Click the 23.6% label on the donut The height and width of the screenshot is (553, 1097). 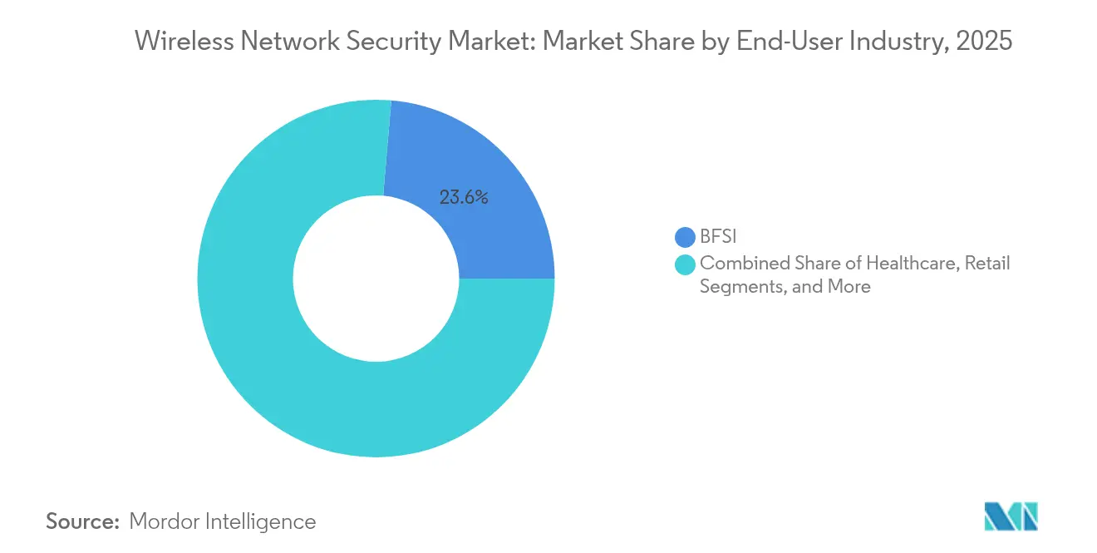pos(464,198)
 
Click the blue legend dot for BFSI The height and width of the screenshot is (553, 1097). pos(686,238)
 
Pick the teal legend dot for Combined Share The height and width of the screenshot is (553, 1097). pos(686,265)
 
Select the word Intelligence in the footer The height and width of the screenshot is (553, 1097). pos(265,521)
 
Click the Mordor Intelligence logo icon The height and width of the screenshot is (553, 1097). pos(1011,516)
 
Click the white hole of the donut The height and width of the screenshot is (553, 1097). pos(376,279)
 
